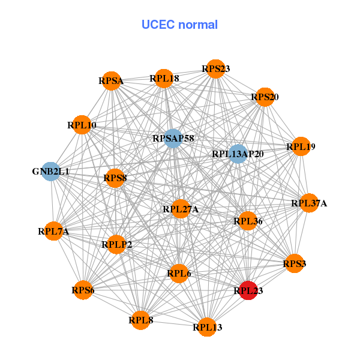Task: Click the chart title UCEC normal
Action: (x=179, y=25)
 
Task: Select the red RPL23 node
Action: (x=248, y=290)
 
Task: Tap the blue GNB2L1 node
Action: (x=51, y=172)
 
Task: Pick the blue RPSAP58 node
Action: (x=173, y=139)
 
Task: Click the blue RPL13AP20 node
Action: (x=238, y=154)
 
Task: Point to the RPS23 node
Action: (x=215, y=70)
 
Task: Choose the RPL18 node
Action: (x=164, y=78)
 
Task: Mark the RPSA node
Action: (x=111, y=80)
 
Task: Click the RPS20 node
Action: (x=265, y=97)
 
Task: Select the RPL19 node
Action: (x=301, y=146)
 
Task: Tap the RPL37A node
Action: (x=309, y=203)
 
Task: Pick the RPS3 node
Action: (x=294, y=263)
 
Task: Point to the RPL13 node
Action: (x=207, y=327)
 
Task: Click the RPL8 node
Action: (x=141, y=320)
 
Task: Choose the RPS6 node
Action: (x=83, y=290)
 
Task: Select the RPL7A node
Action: (x=53, y=231)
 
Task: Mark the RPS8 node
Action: (x=115, y=178)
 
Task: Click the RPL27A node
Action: (x=181, y=209)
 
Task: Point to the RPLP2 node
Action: (x=117, y=244)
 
